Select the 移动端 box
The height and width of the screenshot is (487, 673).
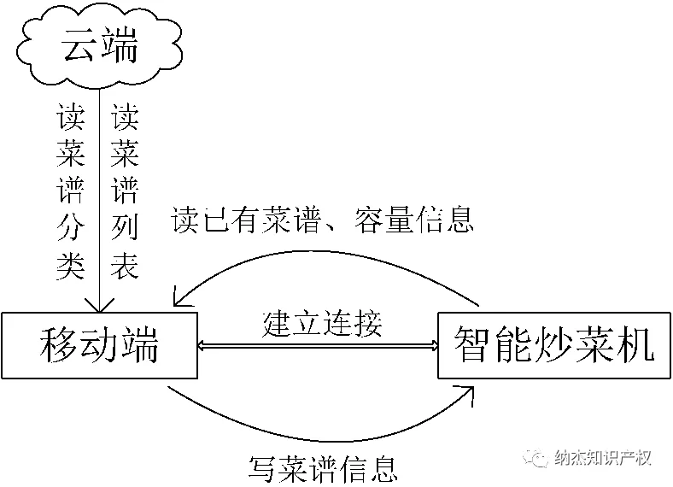99,345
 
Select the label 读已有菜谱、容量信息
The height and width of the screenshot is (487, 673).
322,220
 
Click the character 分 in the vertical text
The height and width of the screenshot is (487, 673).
70,231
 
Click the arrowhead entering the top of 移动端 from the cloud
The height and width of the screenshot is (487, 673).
99,306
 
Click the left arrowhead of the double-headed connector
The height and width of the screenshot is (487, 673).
203,346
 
